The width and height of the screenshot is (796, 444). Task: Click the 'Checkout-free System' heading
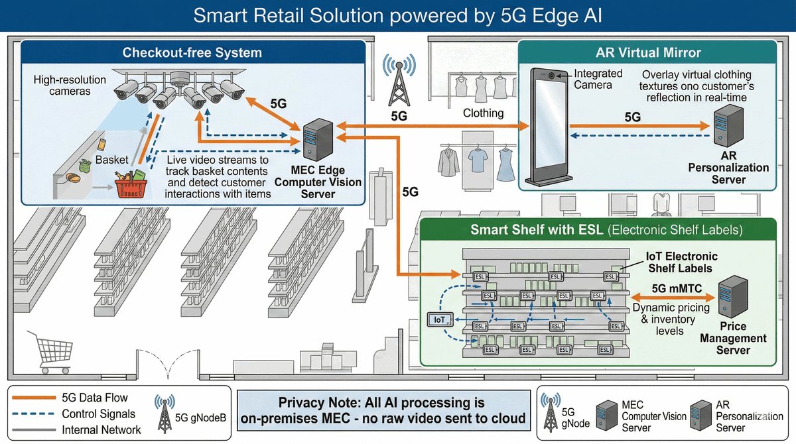point(192,52)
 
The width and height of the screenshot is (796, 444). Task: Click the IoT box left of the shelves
point(439,320)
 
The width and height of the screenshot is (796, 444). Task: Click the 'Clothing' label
point(483,113)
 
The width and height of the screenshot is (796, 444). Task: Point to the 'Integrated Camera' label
point(598,80)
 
